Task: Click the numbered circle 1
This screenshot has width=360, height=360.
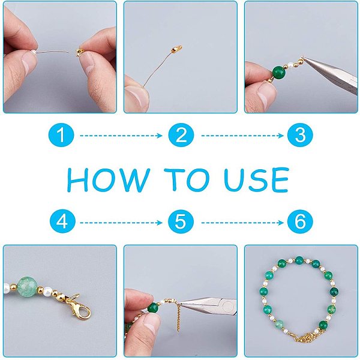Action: [61, 135]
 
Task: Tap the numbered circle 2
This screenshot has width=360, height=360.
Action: [181, 135]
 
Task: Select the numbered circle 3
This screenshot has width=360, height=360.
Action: [300, 135]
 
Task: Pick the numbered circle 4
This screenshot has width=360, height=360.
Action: [62, 222]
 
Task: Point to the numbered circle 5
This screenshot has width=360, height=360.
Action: [181, 222]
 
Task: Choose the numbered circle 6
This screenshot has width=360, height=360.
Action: [300, 222]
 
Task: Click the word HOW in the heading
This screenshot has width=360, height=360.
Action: [109, 180]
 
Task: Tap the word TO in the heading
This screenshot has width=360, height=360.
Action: [187, 179]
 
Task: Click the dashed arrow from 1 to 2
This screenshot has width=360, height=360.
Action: [121, 136]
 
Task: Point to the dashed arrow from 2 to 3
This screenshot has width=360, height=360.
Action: [242, 136]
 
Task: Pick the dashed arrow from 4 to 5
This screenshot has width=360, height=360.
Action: [121, 223]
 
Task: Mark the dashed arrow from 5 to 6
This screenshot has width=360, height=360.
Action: [242, 223]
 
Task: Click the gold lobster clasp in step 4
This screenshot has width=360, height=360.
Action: [79, 308]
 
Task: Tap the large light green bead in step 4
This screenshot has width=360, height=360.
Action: [27, 287]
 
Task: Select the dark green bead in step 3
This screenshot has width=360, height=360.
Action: [279, 72]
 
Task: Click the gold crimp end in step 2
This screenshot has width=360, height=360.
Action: [177, 49]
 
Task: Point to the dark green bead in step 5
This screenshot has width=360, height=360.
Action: [154, 308]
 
